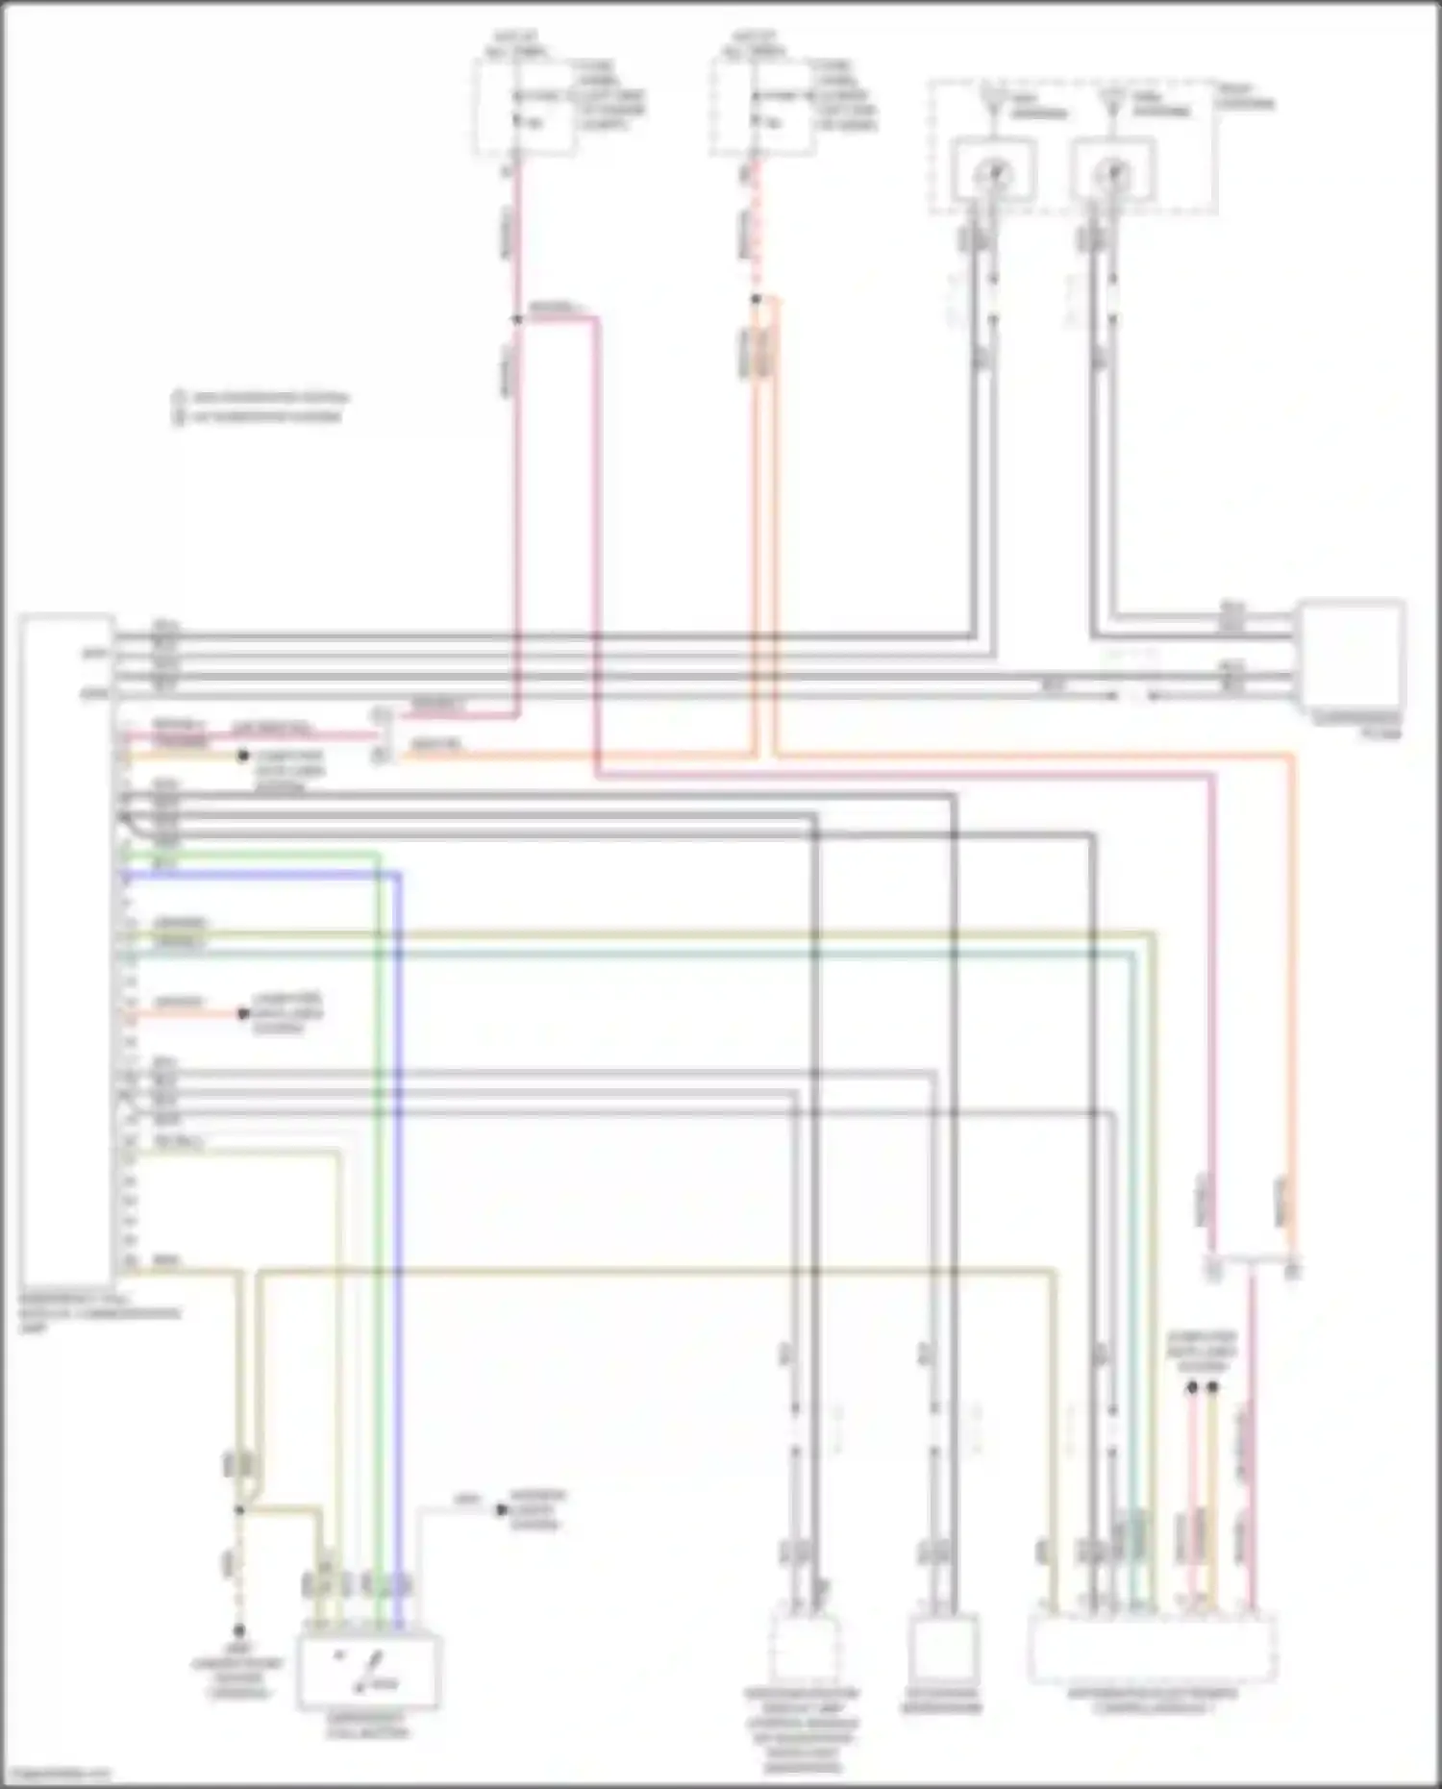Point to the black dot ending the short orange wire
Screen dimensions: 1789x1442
pyautogui.click(x=244, y=1014)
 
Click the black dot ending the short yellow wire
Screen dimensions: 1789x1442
pyautogui.click(x=244, y=756)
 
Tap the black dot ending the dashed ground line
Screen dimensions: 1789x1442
pyautogui.click(x=239, y=1631)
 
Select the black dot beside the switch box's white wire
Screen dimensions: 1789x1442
pyautogui.click(x=501, y=1510)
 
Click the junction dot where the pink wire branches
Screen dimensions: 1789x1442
pyautogui.click(x=517, y=318)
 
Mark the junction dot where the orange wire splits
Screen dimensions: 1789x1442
pyautogui.click(x=756, y=300)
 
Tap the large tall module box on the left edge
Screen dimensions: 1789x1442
pyautogui.click(x=66, y=952)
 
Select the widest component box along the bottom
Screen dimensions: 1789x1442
pyautogui.click(x=1152, y=1649)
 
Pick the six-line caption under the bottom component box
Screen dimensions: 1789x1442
pyautogui.click(x=802, y=1729)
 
